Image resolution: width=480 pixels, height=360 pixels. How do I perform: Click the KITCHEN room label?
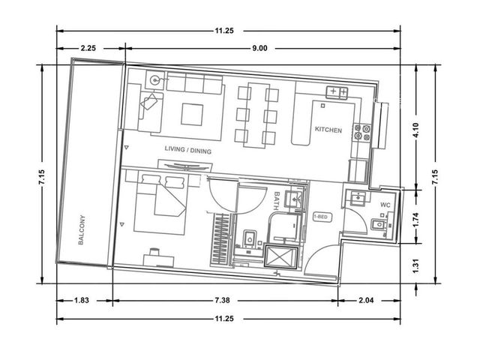coord(328,130)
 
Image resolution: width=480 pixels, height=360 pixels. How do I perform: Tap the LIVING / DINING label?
coord(188,150)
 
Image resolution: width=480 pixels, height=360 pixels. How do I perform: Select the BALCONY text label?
coord(82,230)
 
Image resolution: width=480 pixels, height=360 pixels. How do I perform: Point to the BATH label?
coord(277,200)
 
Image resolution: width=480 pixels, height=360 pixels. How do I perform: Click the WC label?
coord(385,205)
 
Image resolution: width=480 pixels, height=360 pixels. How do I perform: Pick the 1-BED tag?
coord(322,217)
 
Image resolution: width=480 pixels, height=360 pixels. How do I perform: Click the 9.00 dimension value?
coord(259,48)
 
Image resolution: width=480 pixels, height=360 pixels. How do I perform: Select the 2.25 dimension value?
coord(88,48)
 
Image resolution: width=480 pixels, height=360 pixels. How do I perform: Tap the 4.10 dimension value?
coord(415,130)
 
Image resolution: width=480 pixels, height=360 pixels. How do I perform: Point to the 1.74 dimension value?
coord(415,220)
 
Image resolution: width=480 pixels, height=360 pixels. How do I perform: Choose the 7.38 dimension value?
coord(222,300)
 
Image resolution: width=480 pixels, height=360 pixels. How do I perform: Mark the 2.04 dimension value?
coord(366,300)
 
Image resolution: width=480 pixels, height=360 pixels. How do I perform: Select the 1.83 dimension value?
coord(82,300)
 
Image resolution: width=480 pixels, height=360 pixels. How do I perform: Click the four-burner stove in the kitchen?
coord(361,132)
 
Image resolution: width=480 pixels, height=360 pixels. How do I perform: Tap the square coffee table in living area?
coord(192,115)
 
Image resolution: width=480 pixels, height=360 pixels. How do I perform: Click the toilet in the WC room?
coord(379,225)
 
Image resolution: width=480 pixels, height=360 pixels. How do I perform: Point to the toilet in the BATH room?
coord(250,238)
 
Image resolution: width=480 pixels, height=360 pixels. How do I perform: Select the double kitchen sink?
coord(337,91)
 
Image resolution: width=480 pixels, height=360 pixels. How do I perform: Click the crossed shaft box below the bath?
coord(281,257)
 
